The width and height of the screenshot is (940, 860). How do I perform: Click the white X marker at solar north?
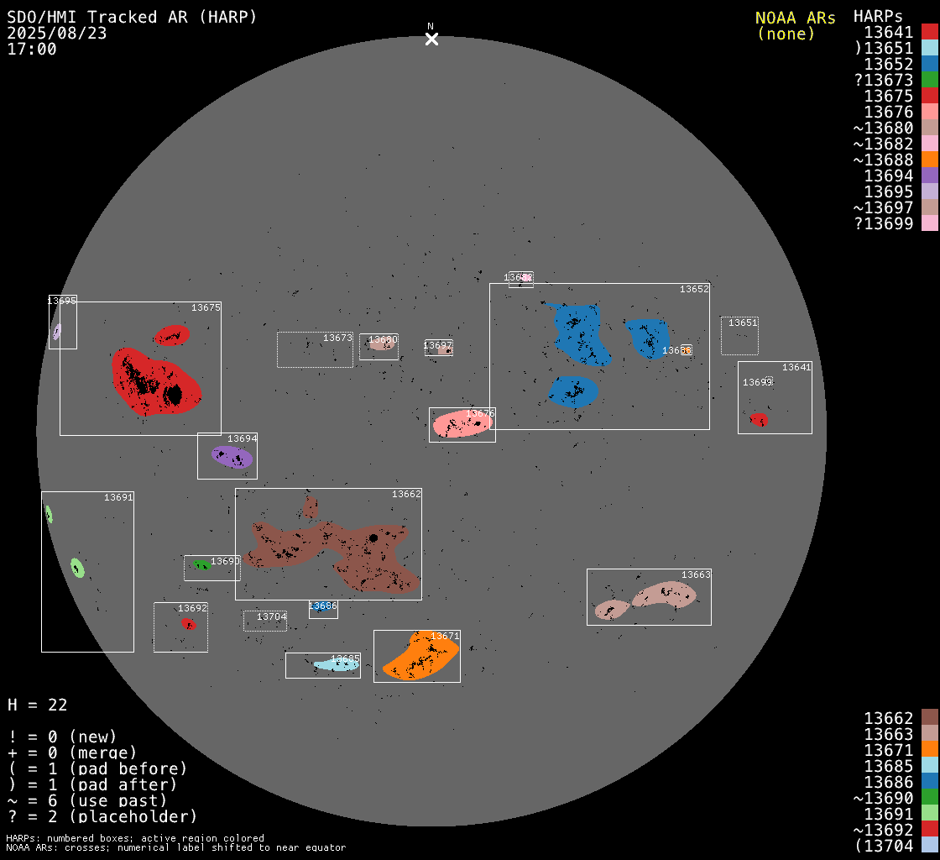click(x=431, y=39)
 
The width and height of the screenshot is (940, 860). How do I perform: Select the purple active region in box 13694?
click(x=232, y=457)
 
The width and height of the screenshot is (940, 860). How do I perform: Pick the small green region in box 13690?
click(x=201, y=565)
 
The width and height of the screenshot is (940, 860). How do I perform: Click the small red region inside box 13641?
click(x=759, y=419)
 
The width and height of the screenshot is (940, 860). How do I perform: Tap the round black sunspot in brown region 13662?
click(x=373, y=537)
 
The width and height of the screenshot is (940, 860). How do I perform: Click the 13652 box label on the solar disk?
click(x=694, y=289)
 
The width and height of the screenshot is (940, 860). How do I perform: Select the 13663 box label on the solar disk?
click(x=696, y=574)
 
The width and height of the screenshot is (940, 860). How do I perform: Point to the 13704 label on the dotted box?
click(x=271, y=616)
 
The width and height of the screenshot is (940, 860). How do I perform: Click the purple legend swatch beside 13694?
click(x=929, y=176)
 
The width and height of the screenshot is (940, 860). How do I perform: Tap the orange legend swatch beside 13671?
click(x=929, y=750)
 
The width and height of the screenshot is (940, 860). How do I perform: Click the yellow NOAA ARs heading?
click(x=795, y=18)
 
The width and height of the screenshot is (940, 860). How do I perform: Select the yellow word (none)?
click(x=786, y=34)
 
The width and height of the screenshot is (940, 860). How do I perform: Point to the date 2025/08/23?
click(x=57, y=33)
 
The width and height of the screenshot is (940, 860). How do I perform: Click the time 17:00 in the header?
click(x=32, y=49)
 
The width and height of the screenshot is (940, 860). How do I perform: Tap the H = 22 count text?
click(x=38, y=705)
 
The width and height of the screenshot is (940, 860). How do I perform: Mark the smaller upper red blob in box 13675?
click(x=172, y=335)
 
